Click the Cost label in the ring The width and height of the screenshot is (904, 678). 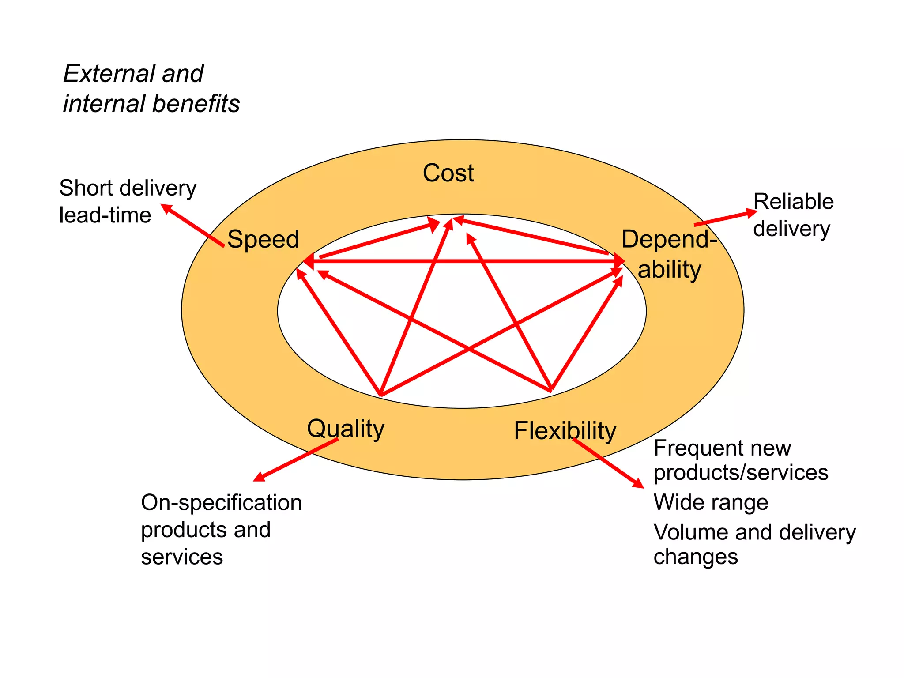[x=448, y=173]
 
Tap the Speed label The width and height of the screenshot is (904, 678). [x=263, y=239]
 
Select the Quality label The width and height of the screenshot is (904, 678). [x=346, y=429]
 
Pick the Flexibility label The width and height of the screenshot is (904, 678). [x=565, y=431]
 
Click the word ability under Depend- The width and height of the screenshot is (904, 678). [x=669, y=269]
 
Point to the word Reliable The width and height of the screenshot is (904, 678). [x=793, y=202]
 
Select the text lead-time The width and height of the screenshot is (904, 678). [x=105, y=215]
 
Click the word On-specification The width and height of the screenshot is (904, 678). [x=221, y=502]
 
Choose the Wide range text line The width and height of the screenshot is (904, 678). [x=711, y=502]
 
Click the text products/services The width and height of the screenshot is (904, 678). [x=741, y=472]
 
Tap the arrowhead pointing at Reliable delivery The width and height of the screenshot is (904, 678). [x=752, y=213]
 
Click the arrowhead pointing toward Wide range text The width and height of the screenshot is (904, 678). [x=638, y=484]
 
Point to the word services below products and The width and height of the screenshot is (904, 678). [x=182, y=557]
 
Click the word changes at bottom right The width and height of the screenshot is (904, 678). [x=696, y=557]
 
